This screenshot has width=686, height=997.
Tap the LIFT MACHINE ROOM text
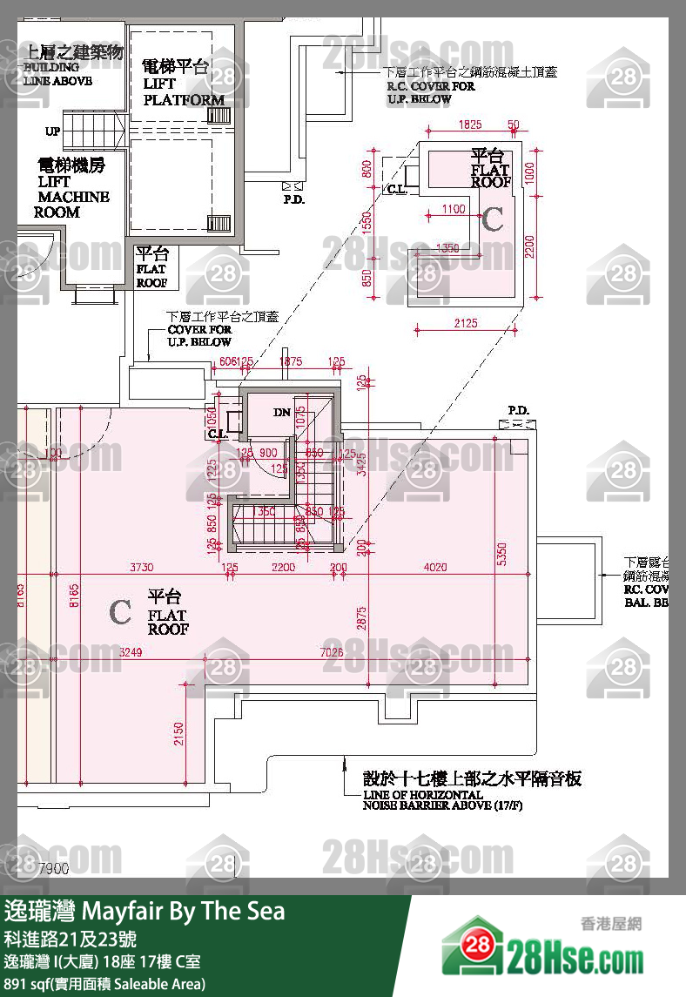tap(73, 197)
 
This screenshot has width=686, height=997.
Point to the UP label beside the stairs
tap(53, 131)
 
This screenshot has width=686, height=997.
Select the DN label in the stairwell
tap(281, 412)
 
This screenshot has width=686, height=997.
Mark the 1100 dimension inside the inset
tap(453, 209)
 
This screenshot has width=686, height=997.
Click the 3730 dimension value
tap(141, 567)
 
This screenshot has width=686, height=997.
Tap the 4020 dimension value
tap(434, 567)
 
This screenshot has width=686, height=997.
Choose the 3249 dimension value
tap(131, 652)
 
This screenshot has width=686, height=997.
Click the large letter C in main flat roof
tap(120, 613)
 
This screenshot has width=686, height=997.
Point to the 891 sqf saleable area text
tap(104, 984)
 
